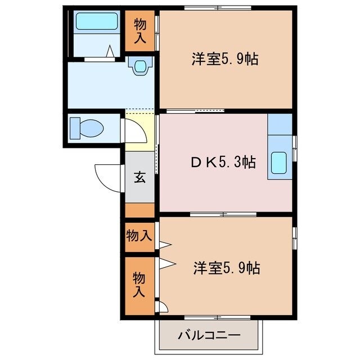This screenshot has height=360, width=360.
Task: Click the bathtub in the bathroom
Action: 96,21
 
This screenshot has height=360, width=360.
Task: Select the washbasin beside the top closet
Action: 139,65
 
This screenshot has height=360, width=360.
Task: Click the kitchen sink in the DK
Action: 280,163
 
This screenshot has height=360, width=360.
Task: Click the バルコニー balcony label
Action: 209,336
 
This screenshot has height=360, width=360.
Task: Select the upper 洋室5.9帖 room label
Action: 225,59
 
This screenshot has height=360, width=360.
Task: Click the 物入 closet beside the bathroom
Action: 140,30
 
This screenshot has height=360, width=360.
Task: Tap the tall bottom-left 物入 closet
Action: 139,285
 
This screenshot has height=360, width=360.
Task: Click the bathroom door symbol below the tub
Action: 110,53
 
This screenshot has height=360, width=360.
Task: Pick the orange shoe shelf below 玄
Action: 139,211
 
